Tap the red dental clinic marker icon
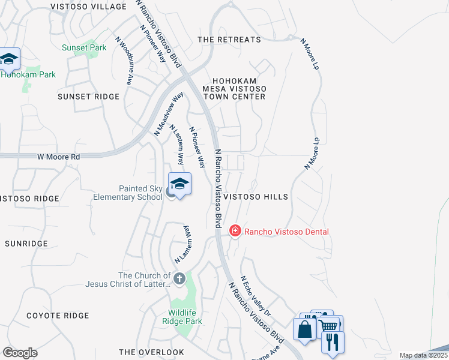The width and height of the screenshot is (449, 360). (x=235, y=230)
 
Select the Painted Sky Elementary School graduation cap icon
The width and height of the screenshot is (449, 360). (x=179, y=184)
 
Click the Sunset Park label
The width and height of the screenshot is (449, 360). (x=85, y=47)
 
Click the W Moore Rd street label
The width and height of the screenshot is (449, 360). (x=58, y=157)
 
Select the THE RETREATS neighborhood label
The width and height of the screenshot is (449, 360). (x=229, y=40)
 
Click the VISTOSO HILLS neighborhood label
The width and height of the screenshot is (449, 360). (x=256, y=197)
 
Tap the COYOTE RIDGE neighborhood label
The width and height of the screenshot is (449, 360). (x=58, y=316)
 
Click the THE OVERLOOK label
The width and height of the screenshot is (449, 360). (x=151, y=352)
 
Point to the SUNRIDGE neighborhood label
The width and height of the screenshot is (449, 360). (x=26, y=244)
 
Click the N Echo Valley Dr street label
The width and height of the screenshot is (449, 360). (x=256, y=296)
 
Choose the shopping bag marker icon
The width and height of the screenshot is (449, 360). (x=304, y=329)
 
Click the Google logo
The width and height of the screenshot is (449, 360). (x=20, y=353)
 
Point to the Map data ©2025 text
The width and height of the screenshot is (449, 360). (x=424, y=355)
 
